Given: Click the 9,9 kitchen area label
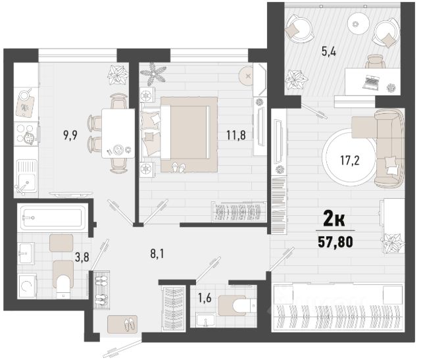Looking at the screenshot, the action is (x=70, y=135).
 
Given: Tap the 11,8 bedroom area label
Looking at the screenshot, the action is (x=236, y=135).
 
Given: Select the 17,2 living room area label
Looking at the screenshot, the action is (x=350, y=161).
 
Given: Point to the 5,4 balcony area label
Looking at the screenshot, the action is (x=329, y=51).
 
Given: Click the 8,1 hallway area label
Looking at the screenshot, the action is (x=157, y=253).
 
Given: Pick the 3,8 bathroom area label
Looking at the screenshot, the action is (x=82, y=257).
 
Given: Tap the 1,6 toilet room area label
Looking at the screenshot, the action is (x=205, y=298).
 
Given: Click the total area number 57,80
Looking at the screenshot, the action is (x=335, y=242).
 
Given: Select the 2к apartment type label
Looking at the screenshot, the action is (x=334, y=221).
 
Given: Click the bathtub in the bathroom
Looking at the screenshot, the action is (x=52, y=217).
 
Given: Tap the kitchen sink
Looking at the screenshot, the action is (x=26, y=176).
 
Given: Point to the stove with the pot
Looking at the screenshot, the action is (x=26, y=134).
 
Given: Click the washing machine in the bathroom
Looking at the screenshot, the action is (x=27, y=286).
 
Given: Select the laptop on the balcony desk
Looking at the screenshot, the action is (x=371, y=82).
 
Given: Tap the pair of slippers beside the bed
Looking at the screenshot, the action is (x=178, y=167).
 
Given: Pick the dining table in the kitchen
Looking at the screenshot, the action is (x=118, y=133).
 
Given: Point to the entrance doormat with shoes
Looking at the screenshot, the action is (x=122, y=324).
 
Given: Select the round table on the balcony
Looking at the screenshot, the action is (x=356, y=24).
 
